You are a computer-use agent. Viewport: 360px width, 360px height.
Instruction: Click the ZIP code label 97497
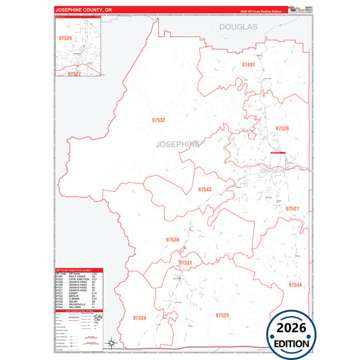(248, 65)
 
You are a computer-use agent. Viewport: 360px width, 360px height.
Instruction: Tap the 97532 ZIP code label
(159, 120)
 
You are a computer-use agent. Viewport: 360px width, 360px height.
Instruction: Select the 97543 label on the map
(205, 190)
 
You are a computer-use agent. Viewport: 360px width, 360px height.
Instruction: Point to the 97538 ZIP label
(172, 240)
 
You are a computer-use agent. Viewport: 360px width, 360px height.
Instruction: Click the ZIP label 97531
(186, 263)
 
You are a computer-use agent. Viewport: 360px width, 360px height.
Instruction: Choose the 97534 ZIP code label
(140, 317)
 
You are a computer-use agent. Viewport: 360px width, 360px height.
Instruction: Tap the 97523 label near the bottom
(222, 315)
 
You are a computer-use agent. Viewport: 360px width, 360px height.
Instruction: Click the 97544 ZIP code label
(295, 285)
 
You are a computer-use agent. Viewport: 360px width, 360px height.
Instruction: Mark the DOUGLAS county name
(238, 26)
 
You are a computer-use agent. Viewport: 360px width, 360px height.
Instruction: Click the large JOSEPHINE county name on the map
(178, 145)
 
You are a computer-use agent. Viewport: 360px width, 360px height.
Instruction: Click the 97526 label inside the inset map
(66, 38)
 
